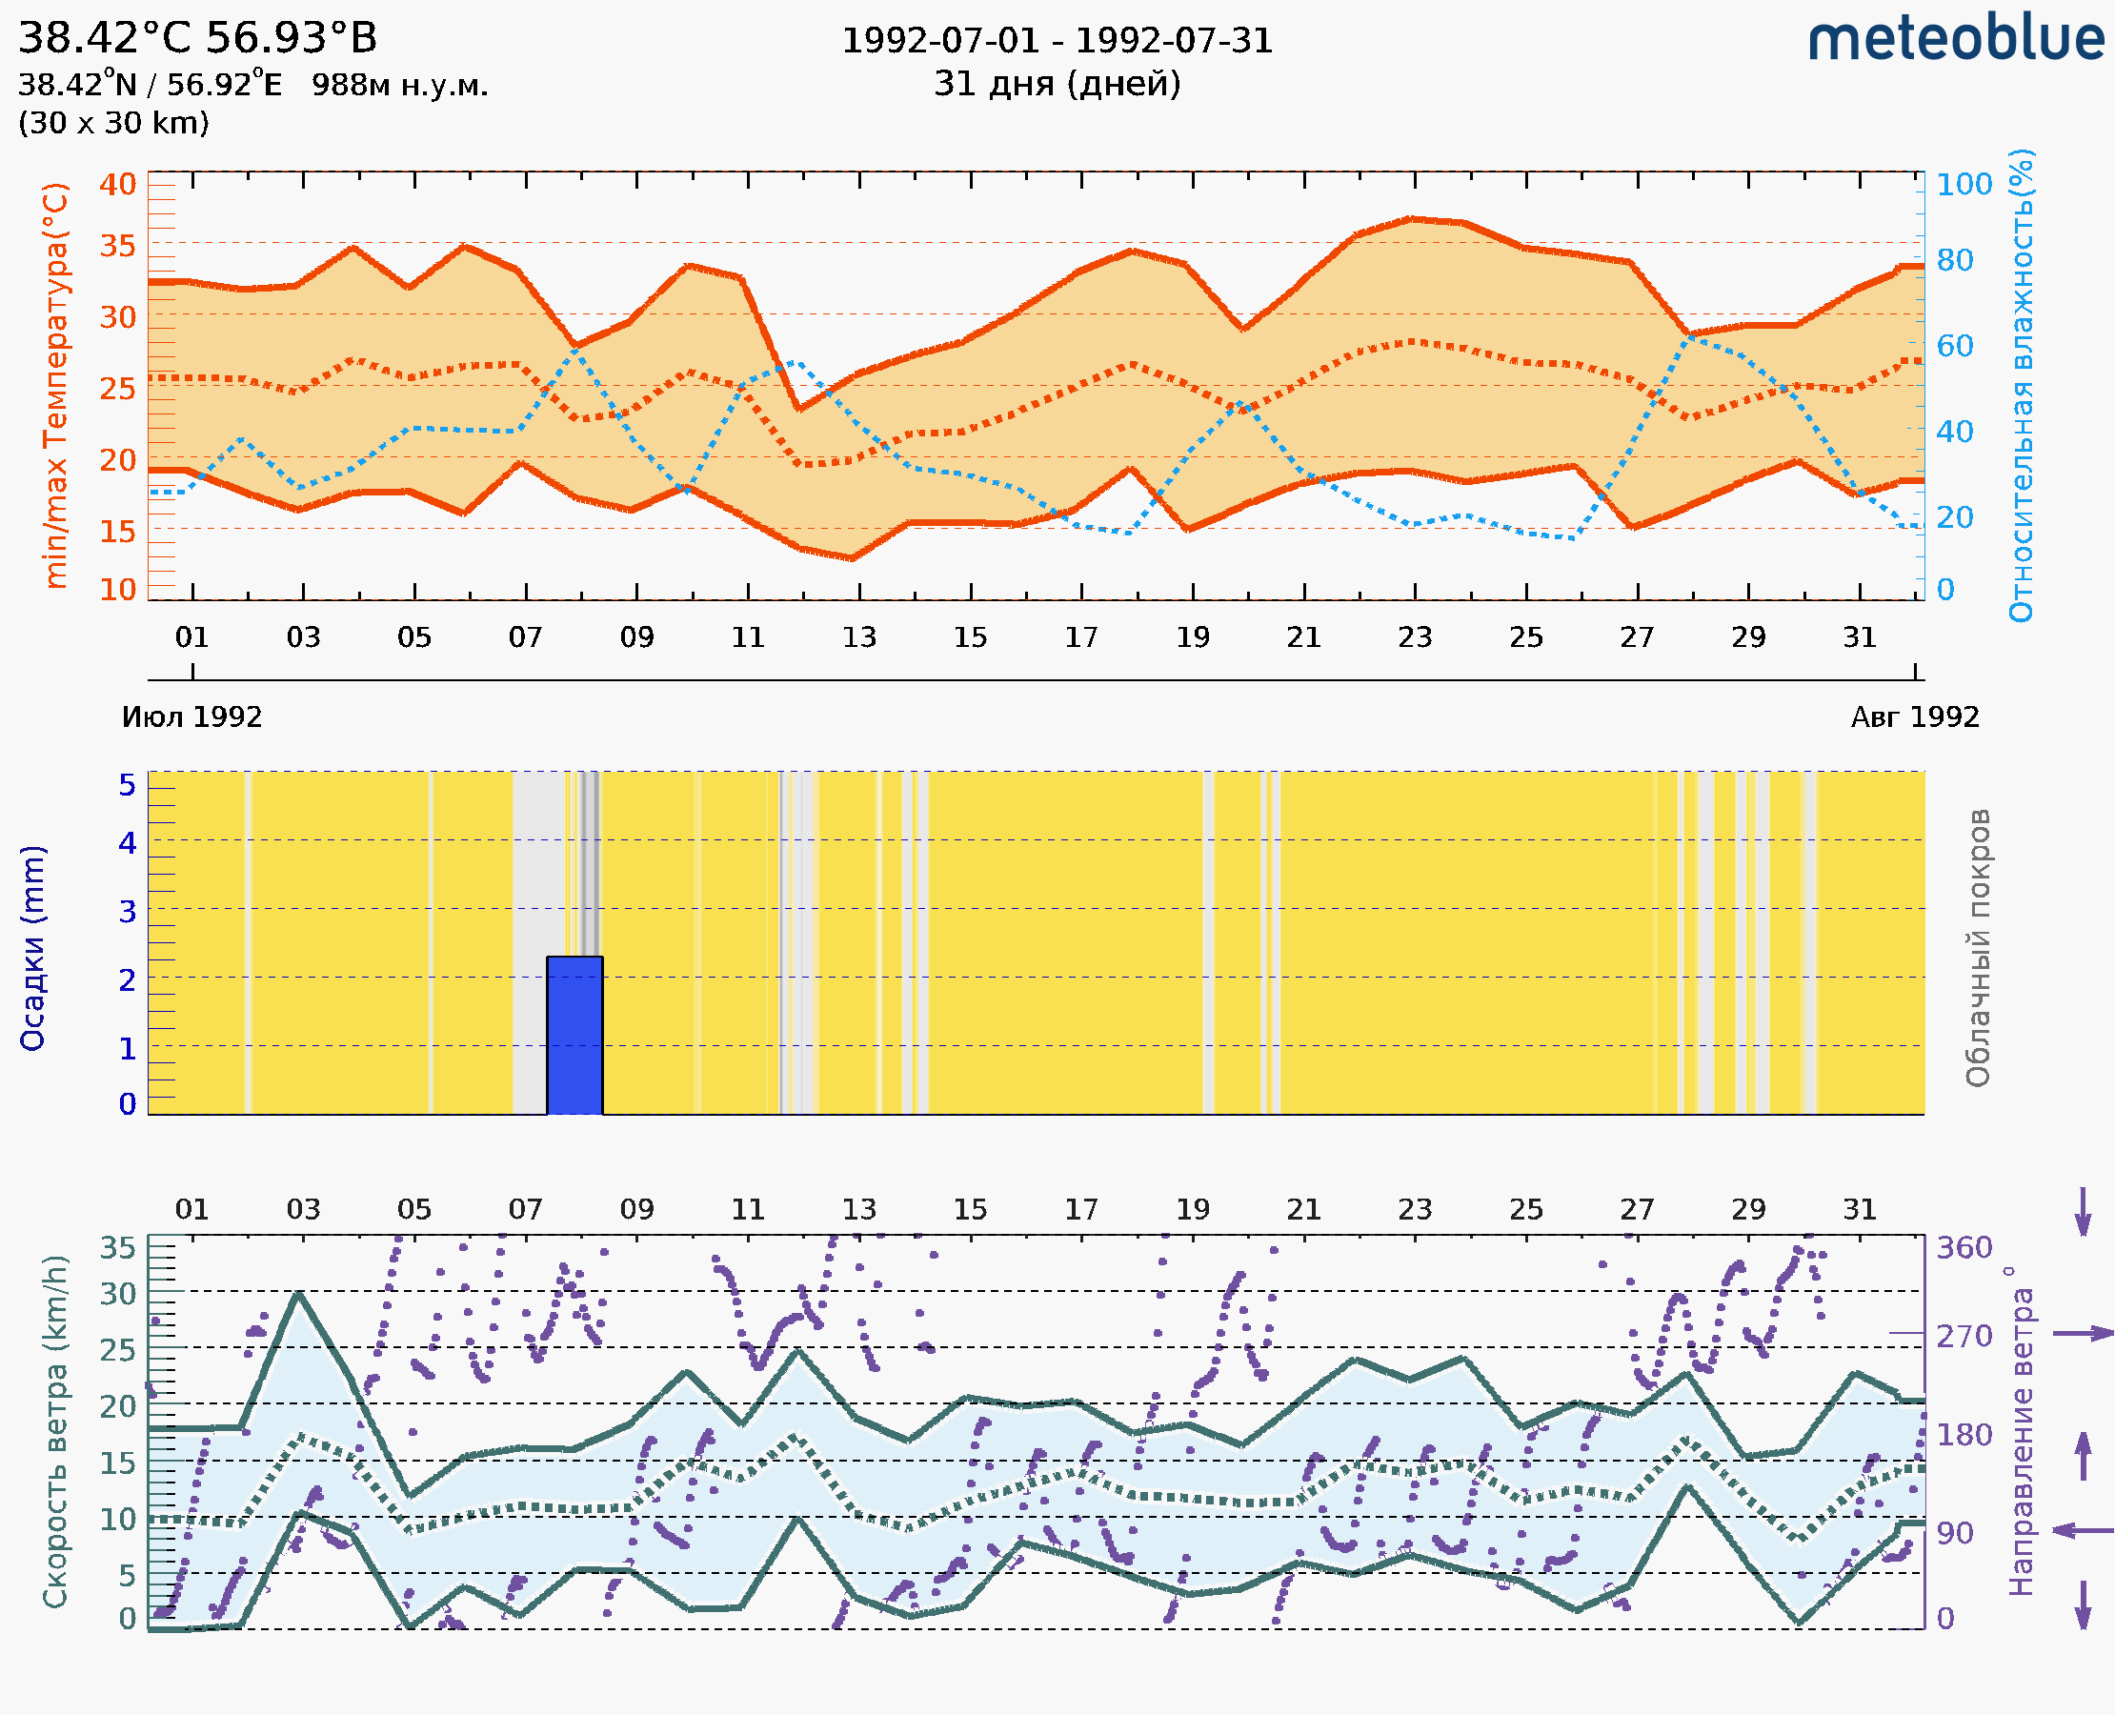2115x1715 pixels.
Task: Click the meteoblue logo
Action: [x=1956, y=39]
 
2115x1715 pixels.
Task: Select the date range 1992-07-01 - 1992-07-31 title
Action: [x=1057, y=41]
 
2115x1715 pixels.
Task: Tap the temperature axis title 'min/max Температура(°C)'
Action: [x=56, y=385]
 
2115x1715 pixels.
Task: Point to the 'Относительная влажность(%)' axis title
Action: [x=2021, y=385]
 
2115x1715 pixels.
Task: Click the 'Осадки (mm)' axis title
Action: [x=32, y=948]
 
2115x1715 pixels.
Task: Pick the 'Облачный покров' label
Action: [x=1978, y=948]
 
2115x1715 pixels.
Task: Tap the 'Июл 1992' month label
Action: [x=191, y=717]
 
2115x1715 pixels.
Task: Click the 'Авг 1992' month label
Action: [x=1915, y=717]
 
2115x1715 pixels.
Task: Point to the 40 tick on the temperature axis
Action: [x=117, y=185]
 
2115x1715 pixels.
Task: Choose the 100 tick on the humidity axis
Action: [x=1964, y=185]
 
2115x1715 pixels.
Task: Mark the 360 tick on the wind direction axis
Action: [x=1964, y=1248]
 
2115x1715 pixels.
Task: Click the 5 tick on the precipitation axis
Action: [x=128, y=785]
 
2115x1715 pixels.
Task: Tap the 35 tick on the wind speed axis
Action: [x=117, y=1248]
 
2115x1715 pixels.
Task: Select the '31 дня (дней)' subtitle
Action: [x=1057, y=84]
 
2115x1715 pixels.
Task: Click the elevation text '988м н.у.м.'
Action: [x=399, y=86]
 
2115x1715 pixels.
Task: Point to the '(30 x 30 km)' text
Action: [x=113, y=124]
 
